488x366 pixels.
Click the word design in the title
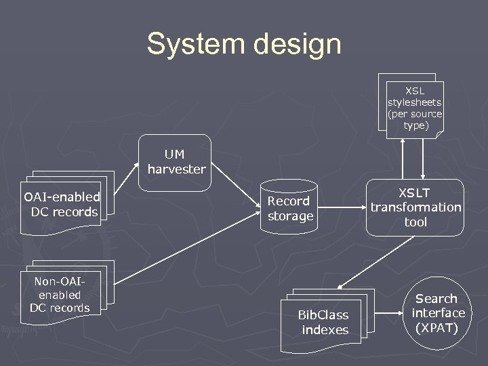[298, 45]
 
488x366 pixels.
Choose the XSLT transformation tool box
[415, 207]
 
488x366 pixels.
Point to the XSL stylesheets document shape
[414, 108]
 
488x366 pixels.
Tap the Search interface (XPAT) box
[438, 313]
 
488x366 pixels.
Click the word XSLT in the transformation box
[415, 192]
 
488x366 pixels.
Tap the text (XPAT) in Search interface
[438, 328]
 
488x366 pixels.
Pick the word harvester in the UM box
[176, 169]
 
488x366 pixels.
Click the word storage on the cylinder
[291, 216]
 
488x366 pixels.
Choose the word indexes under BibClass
[325, 330]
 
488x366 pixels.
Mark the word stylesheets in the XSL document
[414, 102]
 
